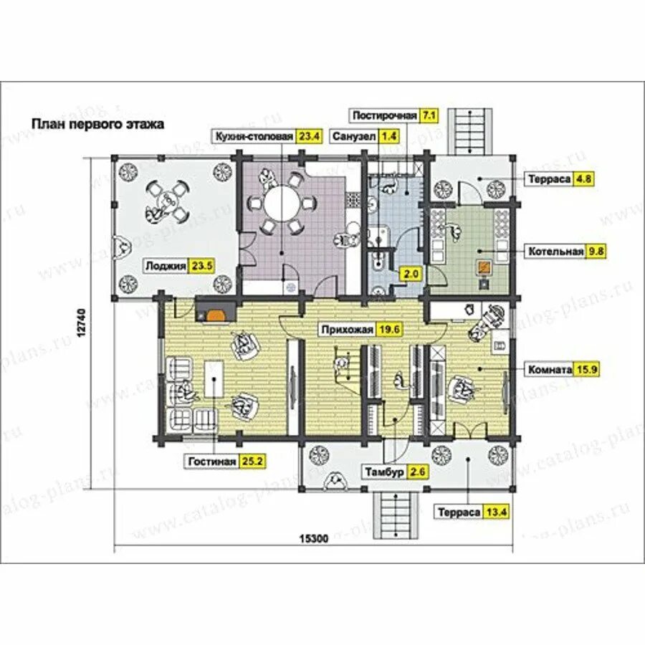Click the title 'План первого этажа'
[x=98, y=124]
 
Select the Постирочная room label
[x=384, y=115]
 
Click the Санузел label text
[x=354, y=137]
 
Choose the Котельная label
[x=555, y=252]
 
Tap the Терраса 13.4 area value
[x=496, y=512]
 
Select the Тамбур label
[x=385, y=472]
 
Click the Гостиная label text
[x=212, y=462]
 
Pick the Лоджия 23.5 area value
[x=201, y=266]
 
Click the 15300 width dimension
[x=314, y=538]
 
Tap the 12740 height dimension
[x=82, y=323]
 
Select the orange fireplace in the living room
[x=216, y=315]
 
